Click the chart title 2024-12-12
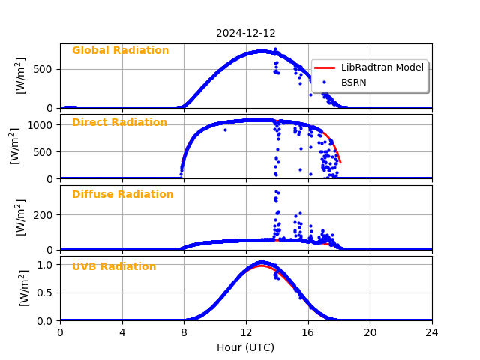245,33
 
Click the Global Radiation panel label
120,51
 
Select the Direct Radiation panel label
119,123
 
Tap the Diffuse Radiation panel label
122,195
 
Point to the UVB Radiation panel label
114,267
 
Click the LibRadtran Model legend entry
382,67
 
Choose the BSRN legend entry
353,82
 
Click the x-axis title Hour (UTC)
245,347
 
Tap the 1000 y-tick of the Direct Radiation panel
42,125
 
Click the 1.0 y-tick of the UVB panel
46,265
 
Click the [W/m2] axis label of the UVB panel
23,288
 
